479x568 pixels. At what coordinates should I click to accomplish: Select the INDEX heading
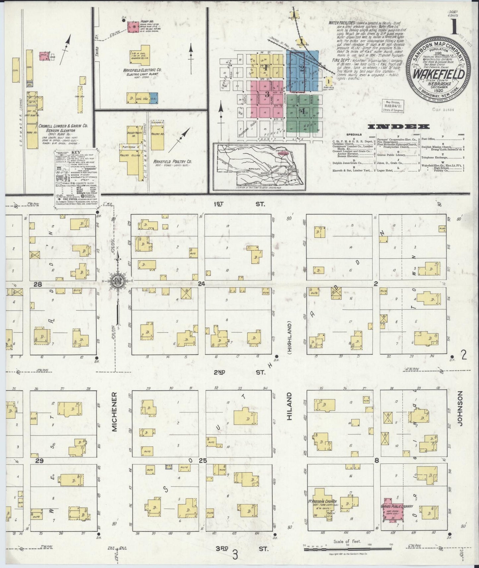[x=399, y=126]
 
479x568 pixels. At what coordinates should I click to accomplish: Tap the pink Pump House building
[x=134, y=27]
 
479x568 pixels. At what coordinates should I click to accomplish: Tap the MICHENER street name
[x=115, y=412]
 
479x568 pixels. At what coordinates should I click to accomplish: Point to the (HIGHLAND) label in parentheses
[x=289, y=334]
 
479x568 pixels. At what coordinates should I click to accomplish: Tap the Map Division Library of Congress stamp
[x=393, y=106]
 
